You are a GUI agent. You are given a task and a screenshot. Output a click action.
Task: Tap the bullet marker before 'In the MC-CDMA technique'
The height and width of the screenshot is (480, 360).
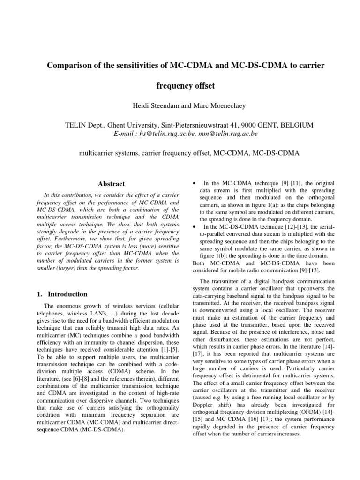(195, 182)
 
